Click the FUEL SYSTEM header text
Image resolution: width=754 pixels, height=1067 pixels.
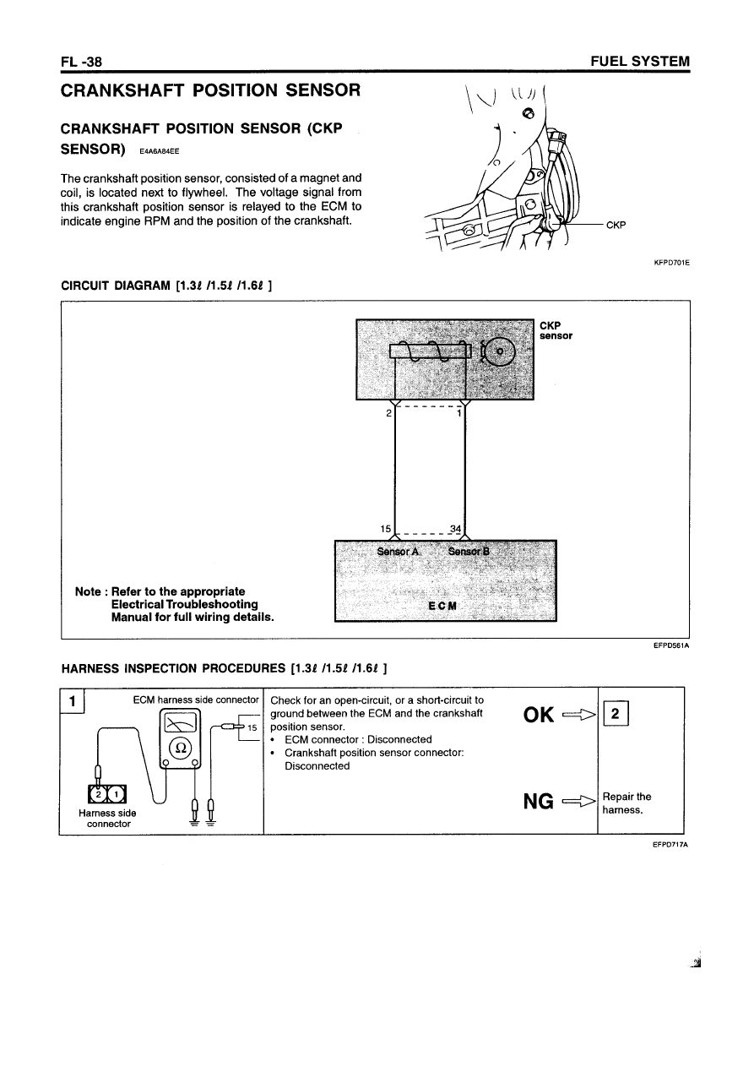(642, 62)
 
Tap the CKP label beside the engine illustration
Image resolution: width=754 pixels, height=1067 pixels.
(616, 225)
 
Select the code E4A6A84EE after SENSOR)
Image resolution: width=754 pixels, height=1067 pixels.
(155, 152)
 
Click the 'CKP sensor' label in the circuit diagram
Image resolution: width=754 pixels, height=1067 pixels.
(556, 329)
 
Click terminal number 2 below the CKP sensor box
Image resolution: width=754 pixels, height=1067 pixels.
(388, 413)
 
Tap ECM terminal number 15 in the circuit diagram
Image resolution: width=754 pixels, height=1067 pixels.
(388, 530)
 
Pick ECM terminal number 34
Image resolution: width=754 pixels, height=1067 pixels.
(457, 530)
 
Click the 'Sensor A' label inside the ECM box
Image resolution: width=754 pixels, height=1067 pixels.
(398, 552)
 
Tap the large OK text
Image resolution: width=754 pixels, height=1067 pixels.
(539, 715)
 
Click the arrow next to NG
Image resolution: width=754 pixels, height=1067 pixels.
(577, 799)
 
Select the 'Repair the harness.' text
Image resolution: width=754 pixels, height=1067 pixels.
(627, 803)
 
